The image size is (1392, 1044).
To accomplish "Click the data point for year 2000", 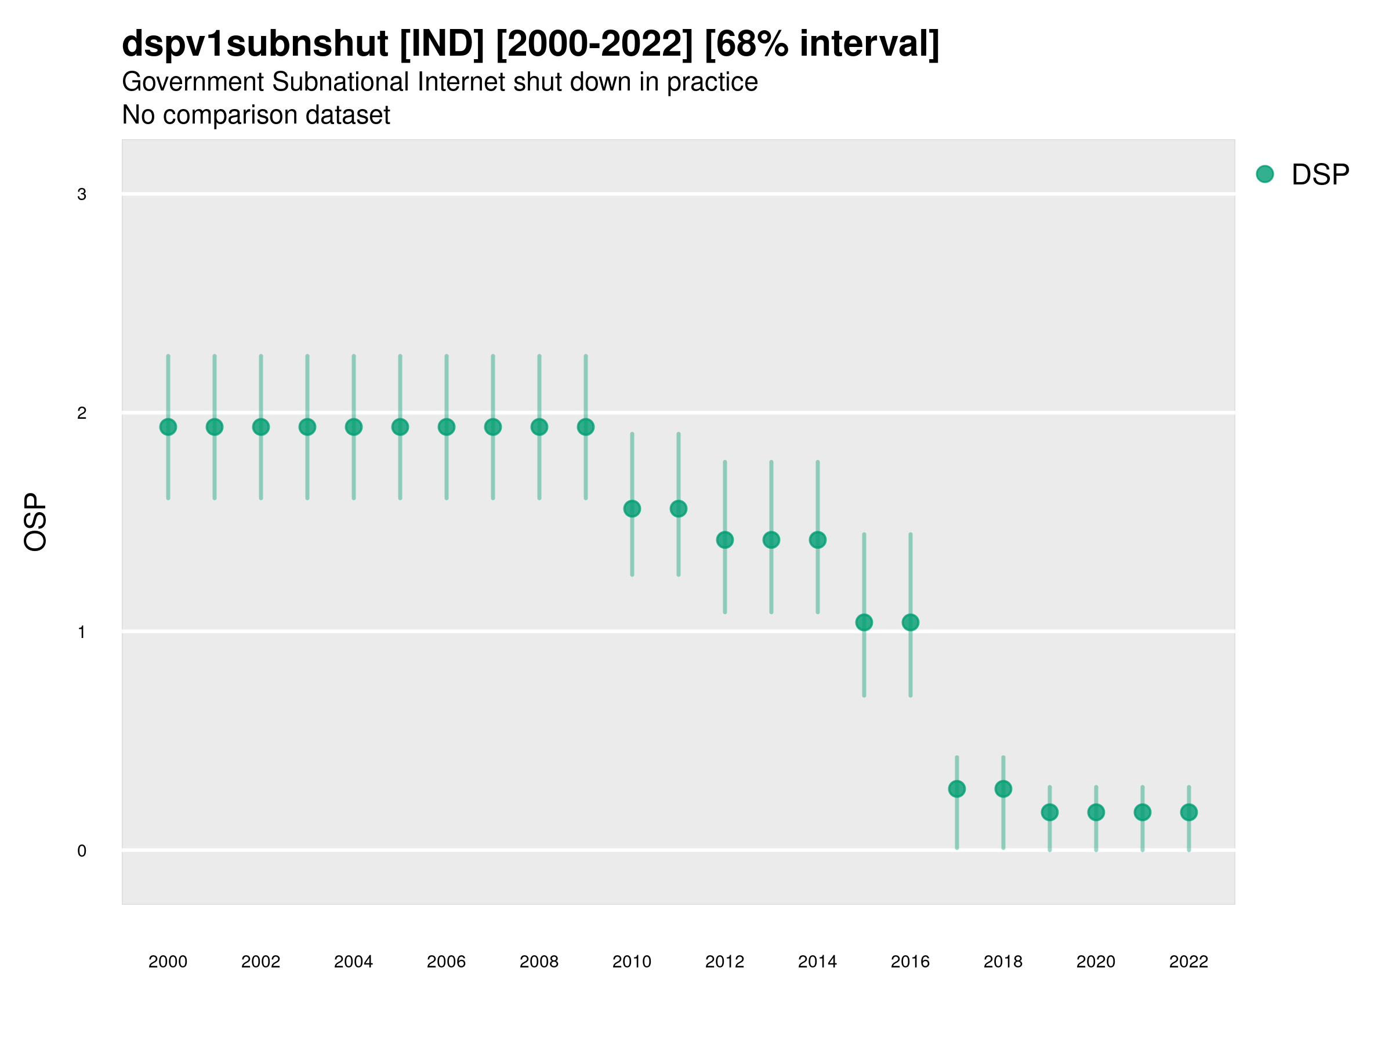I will [168, 427].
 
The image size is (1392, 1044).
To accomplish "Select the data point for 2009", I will [586, 427].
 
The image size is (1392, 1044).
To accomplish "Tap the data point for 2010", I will [632, 509].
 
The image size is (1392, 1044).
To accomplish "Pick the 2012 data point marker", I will [725, 540].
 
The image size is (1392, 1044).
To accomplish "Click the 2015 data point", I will [864, 622].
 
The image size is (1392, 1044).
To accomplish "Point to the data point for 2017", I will [957, 789].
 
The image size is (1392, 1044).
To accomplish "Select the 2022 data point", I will [1189, 813].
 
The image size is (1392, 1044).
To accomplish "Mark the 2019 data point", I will [1050, 813].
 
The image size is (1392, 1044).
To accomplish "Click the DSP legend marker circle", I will [1265, 175].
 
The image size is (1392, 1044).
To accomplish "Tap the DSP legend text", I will [1320, 175].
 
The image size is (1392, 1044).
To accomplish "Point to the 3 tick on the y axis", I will [82, 194].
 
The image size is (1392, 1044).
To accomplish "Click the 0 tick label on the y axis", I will [82, 851].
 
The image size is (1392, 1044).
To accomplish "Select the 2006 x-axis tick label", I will [446, 962].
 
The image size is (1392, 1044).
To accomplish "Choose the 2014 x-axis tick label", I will [817, 962].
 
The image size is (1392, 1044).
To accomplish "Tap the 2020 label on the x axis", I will [1096, 962].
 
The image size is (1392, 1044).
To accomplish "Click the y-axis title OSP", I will [36, 523].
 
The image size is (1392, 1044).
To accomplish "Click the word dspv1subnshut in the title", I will [255, 43].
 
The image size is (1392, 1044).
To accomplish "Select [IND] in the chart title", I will [443, 43].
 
